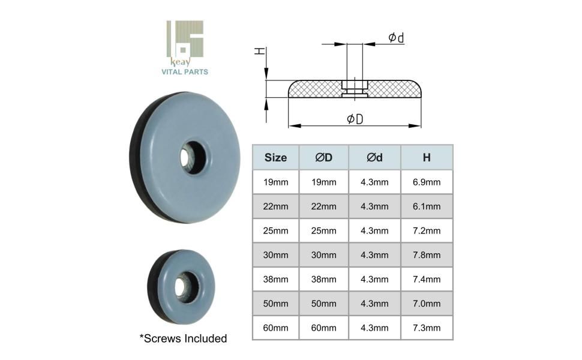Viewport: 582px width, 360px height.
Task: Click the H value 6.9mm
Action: click(x=426, y=182)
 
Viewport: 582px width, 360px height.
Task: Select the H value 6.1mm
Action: click(x=426, y=206)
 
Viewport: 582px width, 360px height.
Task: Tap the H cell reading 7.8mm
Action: click(x=426, y=255)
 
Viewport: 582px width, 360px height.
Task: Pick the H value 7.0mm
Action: click(x=426, y=304)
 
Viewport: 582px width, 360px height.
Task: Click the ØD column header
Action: click(x=323, y=158)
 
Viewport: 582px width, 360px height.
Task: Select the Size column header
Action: click(x=275, y=158)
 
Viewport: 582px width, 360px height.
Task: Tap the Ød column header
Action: click(x=374, y=158)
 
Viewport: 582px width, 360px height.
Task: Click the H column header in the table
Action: click(x=426, y=158)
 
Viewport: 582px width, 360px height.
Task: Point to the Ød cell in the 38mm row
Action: click(x=374, y=280)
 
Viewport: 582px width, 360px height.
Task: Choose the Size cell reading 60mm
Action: click(x=275, y=328)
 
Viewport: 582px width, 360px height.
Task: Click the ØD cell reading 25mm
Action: click(x=323, y=231)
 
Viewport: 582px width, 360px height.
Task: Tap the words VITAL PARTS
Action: click(x=185, y=72)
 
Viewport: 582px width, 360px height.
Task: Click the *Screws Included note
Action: click(x=183, y=339)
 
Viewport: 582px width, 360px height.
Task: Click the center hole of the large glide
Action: click(x=193, y=158)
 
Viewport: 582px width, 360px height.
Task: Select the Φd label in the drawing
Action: click(x=395, y=38)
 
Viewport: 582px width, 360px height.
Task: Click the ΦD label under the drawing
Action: click(x=355, y=119)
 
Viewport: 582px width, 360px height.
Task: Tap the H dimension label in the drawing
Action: click(x=259, y=52)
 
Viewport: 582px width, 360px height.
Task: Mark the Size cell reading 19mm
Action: click(x=275, y=182)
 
